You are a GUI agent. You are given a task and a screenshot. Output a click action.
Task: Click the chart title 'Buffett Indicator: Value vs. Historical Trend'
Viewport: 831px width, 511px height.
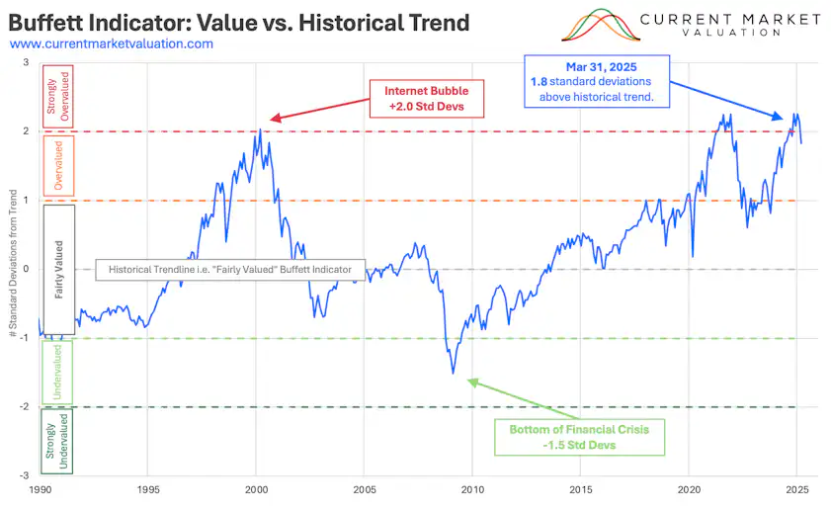(238, 21)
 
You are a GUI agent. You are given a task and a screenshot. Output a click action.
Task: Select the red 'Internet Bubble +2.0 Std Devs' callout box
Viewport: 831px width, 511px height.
(426, 98)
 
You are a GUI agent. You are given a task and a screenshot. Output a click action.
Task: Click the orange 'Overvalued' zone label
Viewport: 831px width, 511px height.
(57, 164)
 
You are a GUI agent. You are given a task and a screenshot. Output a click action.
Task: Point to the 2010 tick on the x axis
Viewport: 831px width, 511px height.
(472, 489)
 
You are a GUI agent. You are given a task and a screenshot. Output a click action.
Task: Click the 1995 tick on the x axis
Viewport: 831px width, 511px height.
(148, 489)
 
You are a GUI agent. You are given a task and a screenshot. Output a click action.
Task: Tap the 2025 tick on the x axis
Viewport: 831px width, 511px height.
(797, 489)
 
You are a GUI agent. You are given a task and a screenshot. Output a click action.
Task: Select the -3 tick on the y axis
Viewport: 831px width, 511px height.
(26, 475)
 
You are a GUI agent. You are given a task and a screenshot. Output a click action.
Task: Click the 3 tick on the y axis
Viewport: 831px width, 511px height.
(28, 62)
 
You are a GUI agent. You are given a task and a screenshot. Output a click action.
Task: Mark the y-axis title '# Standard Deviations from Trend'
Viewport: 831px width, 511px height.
(12, 269)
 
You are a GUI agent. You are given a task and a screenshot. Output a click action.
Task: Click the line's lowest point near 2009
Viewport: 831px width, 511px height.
(454, 373)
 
